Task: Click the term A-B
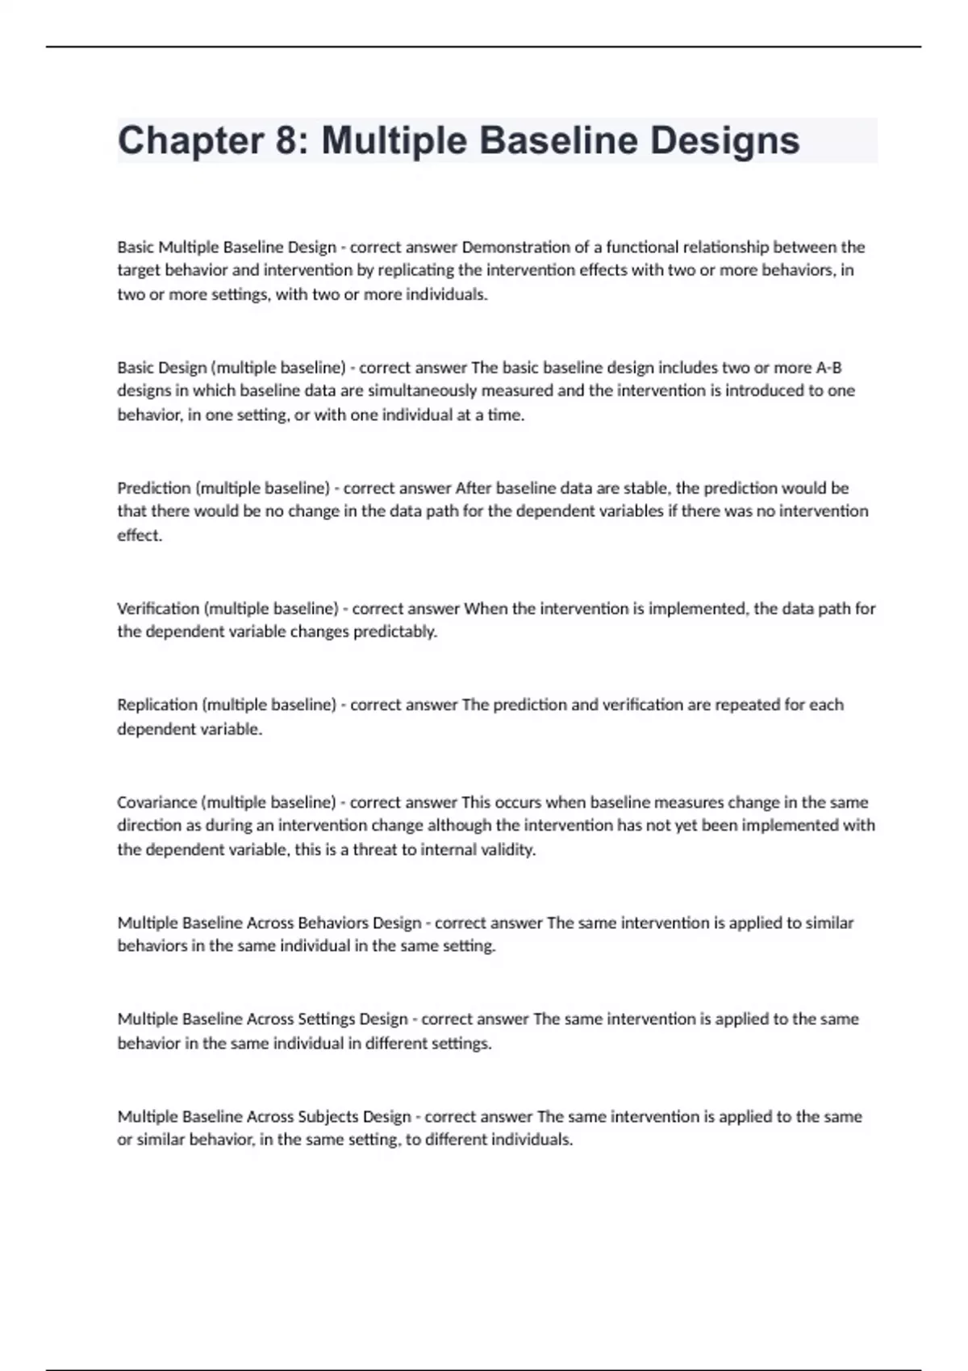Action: (x=828, y=368)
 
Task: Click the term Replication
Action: (x=157, y=705)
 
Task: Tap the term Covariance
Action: (x=156, y=802)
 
